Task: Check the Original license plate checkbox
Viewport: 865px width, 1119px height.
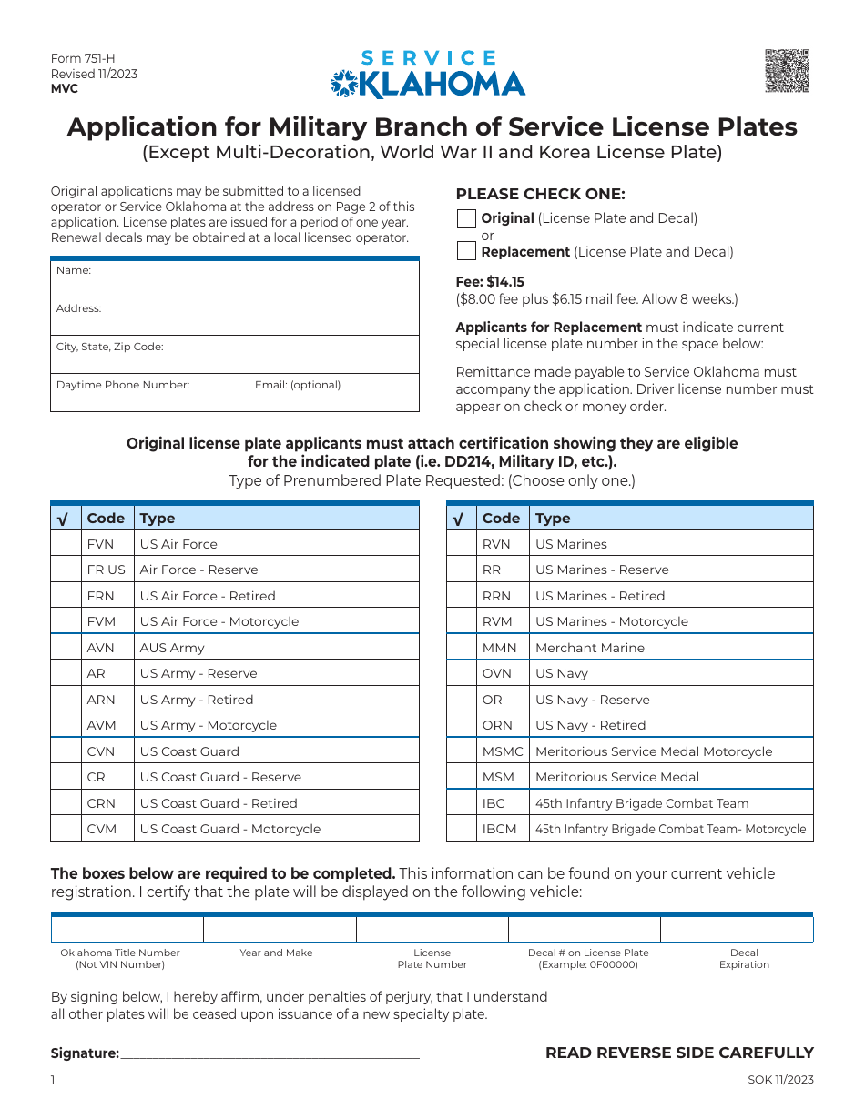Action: (x=466, y=218)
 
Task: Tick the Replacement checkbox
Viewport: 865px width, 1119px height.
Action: (x=466, y=251)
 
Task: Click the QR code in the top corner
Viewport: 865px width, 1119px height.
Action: (x=787, y=70)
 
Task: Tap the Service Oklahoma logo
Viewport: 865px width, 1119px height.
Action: (x=428, y=75)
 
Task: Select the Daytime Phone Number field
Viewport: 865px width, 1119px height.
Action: (x=149, y=392)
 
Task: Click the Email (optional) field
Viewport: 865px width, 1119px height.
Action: (x=334, y=392)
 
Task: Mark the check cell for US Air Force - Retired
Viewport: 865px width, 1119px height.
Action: (x=66, y=596)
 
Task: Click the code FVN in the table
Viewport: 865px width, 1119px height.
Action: (x=100, y=544)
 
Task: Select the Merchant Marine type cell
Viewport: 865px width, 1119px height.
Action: (x=590, y=648)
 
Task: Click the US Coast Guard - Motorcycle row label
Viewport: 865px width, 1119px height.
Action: (x=229, y=829)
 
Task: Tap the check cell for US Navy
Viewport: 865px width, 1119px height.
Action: (x=462, y=674)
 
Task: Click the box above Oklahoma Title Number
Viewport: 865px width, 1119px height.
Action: (x=127, y=929)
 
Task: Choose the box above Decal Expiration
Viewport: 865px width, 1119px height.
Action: (x=737, y=929)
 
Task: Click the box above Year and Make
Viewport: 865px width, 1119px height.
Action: (x=280, y=929)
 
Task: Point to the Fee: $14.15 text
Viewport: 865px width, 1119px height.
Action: (x=490, y=282)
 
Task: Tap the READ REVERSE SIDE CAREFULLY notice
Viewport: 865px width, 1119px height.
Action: (x=679, y=1053)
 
